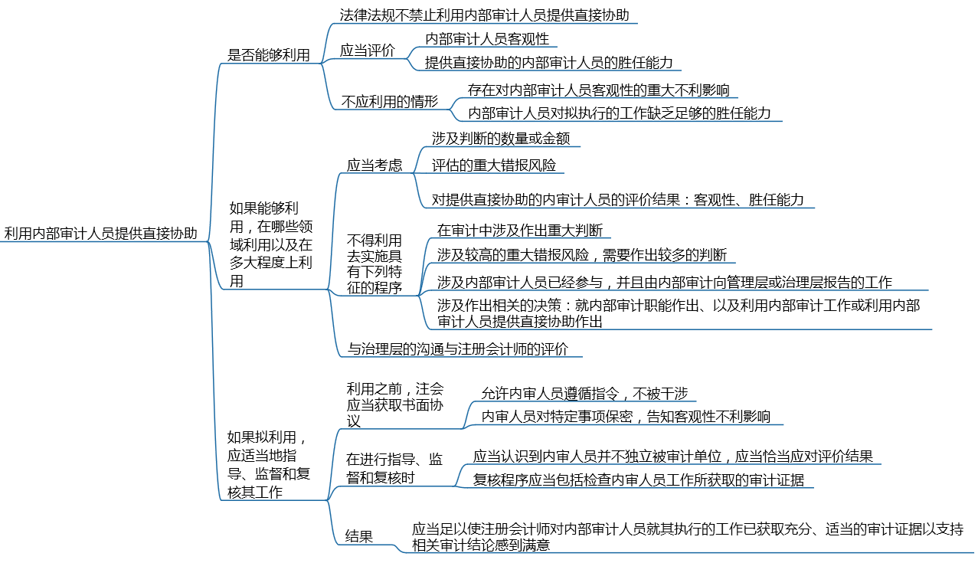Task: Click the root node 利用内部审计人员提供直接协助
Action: (101, 233)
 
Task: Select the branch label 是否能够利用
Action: (269, 55)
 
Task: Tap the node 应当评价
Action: (367, 51)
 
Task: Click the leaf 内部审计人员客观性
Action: (487, 39)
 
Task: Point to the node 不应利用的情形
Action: (390, 101)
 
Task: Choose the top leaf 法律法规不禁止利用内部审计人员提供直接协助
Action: (484, 15)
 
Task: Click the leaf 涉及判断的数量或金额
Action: (501, 139)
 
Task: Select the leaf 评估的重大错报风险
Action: (494, 165)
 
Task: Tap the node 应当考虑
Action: (375, 165)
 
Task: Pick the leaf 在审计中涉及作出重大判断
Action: (519, 231)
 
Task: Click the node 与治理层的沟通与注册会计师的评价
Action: (458, 349)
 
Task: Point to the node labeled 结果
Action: (359, 536)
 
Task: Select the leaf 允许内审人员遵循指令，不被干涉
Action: (584, 394)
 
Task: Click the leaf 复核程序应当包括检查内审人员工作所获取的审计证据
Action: (638, 480)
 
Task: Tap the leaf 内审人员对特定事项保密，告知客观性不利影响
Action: (626, 416)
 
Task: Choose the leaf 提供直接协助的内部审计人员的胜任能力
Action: (549, 63)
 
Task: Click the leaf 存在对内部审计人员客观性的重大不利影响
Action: (599, 90)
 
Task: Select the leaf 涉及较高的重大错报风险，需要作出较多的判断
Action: (582, 254)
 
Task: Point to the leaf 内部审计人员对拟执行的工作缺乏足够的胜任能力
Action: (619, 113)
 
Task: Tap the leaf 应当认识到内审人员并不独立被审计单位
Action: (597, 457)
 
